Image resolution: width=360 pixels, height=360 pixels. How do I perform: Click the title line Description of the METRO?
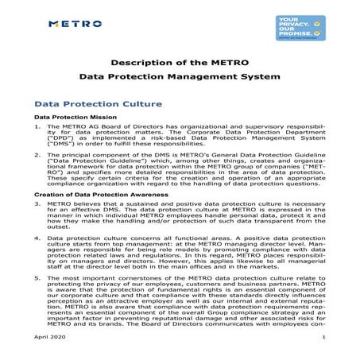click(x=180, y=63)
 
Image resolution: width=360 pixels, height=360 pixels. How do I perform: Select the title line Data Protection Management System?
click(x=180, y=79)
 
